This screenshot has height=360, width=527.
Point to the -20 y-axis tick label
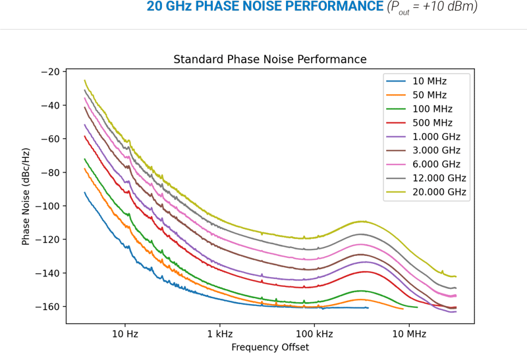tap(50, 72)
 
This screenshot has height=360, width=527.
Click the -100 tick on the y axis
tap(47, 206)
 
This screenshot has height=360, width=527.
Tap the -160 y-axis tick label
tap(47, 307)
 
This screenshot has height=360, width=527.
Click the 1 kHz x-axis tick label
tap(219, 334)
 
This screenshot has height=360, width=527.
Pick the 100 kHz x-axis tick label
tap(314, 334)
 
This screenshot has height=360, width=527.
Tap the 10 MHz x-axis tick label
tap(409, 334)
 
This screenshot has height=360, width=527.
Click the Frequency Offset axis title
tap(270, 347)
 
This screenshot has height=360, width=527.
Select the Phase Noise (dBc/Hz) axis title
tap(26, 197)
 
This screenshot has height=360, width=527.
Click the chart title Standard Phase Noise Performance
tap(270, 60)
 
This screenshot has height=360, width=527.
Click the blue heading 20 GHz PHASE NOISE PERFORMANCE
tap(264, 7)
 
